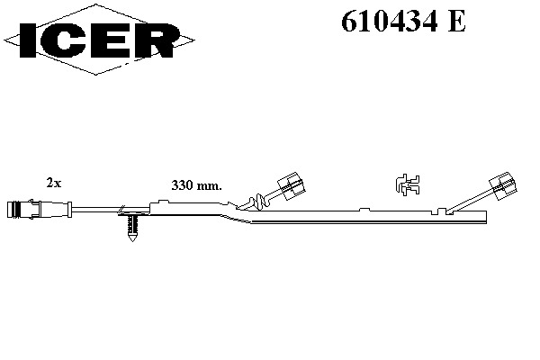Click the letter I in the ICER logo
[x=28, y=40]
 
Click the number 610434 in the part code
[x=390, y=21]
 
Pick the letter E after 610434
[x=456, y=22]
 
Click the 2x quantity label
[x=54, y=183]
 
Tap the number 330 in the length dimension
[x=182, y=185]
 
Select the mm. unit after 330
[x=209, y=187]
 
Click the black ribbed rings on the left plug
[x=14, y=210]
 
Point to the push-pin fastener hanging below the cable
[x=132, y=228]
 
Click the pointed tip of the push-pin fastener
[x=132, y=241]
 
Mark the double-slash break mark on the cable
[x=121, y=209]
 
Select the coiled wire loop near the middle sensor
[x=258, y=202]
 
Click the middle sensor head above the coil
[x=292, y=186]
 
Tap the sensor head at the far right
[x=503, y=186]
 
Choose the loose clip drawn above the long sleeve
[x=408, y=185]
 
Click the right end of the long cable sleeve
[x=486, y=217]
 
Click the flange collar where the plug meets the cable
[x=69, y=210]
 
